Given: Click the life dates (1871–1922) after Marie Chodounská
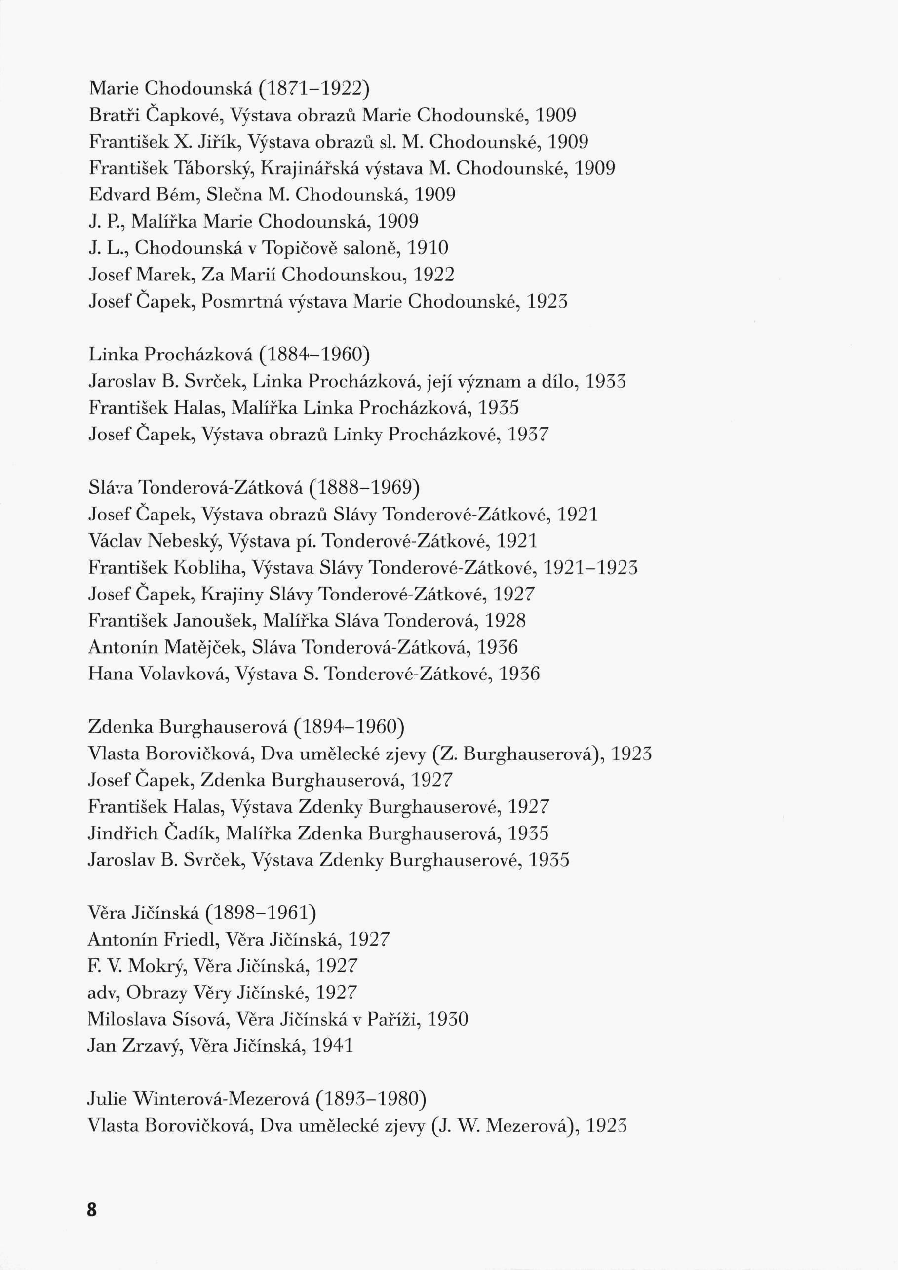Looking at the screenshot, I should (x=313, y=88).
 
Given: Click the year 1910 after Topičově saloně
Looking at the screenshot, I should (x=427, y=248).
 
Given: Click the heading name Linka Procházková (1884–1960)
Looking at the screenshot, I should (x=229, y=355).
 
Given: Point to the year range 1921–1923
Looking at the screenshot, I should (x=590, y=567).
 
